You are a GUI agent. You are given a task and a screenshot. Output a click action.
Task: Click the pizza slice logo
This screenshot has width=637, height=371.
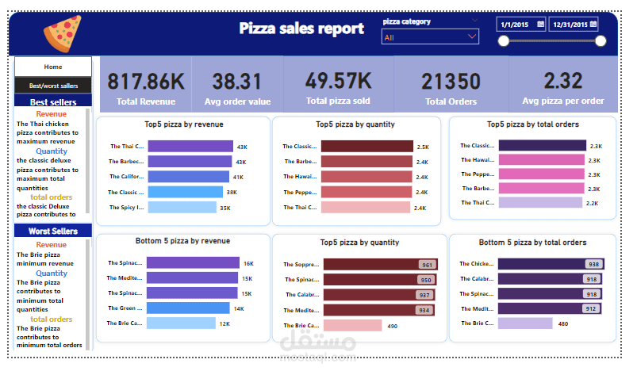click(61, 33)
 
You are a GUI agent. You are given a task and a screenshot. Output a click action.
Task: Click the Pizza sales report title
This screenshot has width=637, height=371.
click(301, 29)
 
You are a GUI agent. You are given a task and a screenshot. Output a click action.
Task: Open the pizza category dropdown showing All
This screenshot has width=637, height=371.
click(431, 37)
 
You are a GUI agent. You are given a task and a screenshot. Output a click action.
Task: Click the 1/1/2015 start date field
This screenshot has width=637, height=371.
click(521, 25)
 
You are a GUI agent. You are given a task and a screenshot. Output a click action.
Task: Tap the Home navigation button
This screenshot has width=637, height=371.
click(53, 67)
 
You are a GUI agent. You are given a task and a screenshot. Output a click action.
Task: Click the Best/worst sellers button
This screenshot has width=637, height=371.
click(53, 86)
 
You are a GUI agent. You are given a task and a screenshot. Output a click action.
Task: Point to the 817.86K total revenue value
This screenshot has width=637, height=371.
click(146, 81)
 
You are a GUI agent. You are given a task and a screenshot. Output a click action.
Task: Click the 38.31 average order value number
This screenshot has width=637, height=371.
click(236, 81)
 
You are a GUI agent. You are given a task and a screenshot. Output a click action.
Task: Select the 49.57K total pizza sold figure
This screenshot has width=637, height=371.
click(339, 80)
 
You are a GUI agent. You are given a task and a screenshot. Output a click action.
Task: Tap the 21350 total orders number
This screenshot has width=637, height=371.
click(451, 81)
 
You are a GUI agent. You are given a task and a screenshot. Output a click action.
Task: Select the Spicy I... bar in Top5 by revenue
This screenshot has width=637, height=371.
click(182, 208)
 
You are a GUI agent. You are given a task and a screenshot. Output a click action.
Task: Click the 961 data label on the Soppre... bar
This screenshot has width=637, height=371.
click(427, 266)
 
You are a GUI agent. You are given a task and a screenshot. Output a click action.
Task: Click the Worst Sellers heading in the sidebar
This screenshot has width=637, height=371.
click(52, 231)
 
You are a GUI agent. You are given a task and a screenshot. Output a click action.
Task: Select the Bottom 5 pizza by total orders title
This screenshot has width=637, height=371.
click(532, 242)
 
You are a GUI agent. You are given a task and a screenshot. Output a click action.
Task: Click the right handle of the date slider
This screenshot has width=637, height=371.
click(601, 41)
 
